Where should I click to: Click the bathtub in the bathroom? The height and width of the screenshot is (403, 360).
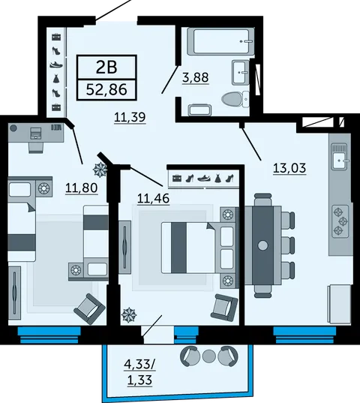click(x=220, y=41)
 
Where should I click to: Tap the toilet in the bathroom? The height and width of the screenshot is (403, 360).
click(x=235, y=99)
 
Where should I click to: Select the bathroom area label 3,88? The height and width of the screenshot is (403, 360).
click(x=196, y=77)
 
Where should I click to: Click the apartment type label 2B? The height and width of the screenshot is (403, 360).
click(x=106, y=67)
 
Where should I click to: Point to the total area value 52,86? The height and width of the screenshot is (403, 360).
click(x=106, y=89)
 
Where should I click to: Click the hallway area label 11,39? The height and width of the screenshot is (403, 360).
click(x=130, y=118)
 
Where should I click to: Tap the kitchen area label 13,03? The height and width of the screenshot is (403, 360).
click(x=289, y=168)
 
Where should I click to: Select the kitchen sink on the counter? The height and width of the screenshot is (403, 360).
click(x=340, y=157)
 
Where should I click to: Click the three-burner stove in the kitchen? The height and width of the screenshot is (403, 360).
click(x=340, y=221)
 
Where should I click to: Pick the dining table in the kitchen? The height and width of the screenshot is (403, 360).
click(x=263, y=245)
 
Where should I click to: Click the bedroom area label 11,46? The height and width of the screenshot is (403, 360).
click(x=154, y=198)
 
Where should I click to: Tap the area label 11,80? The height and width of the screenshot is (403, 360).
click(x=82, y=188)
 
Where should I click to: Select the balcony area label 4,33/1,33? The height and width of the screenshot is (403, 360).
click(x=140, y=372)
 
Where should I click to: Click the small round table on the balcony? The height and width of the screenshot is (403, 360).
click(x=209, y=356)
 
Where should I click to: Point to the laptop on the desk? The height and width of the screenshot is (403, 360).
click(x=35, y=133)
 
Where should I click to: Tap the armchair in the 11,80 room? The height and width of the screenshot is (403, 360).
click(x=89, y=309)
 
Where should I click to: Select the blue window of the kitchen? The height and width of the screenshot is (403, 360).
click(x=304, y=335)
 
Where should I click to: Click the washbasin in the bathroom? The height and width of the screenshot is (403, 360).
click(x=241, y=72)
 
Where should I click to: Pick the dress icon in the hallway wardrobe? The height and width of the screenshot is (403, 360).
click(x=56, y=78)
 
